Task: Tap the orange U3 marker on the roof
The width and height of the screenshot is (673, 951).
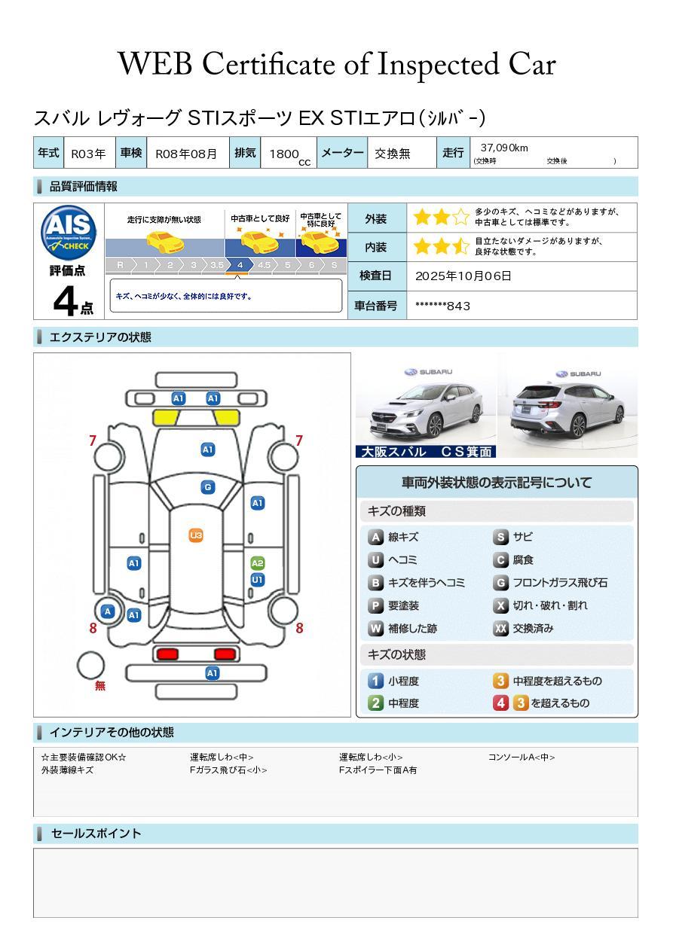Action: point(196,535)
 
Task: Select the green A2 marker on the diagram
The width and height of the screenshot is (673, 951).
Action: point(258,563)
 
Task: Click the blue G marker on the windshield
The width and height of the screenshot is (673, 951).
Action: point(208,487)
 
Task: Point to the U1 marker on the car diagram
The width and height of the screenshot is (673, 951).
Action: point(258,580)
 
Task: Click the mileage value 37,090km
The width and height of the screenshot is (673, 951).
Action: point(504,148)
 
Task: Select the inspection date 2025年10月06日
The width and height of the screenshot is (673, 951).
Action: point(463,276)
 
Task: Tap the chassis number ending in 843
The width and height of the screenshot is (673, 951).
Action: point(442,306)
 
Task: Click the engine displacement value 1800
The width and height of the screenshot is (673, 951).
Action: point(284,154)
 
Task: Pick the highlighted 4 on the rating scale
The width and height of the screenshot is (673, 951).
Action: point(240,265)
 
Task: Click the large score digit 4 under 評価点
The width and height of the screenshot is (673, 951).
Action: point(66,300)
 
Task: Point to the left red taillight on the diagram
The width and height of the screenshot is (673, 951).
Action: point(167,654)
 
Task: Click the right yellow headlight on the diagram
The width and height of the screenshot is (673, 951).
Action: point(226,418)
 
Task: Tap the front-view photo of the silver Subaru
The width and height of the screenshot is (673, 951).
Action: point(426,407)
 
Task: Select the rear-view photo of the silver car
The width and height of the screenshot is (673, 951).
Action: point(567,405)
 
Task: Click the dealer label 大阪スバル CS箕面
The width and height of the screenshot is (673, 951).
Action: point(426,452)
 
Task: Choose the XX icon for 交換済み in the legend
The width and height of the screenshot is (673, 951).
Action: point(500,628)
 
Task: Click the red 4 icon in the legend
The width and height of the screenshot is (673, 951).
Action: point(500,703)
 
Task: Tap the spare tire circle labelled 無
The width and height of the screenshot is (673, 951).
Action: point(90,666)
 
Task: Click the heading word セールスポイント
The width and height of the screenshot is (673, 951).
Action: point(96,834)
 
